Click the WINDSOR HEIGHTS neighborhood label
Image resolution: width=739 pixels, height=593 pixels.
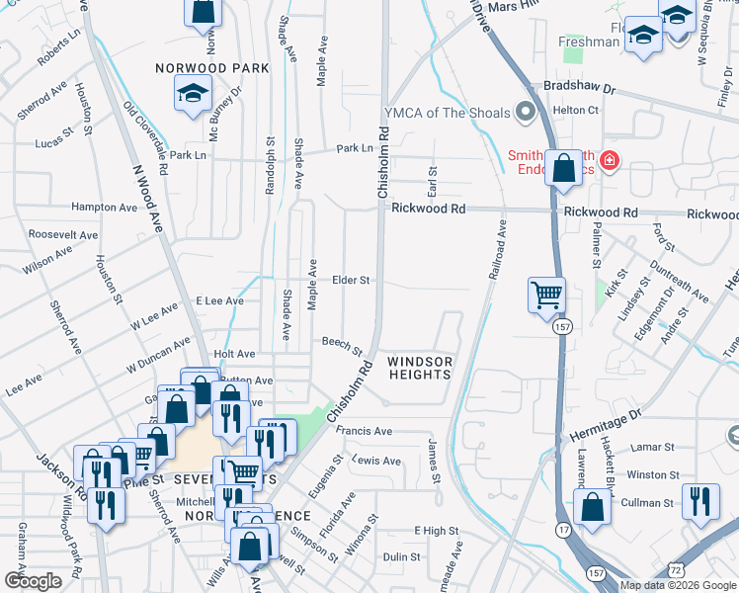(x=419, y=369)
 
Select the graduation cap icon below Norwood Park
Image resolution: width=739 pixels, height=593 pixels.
(x=191, y=95)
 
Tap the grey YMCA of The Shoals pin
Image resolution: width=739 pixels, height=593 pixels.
(x=526, y=113)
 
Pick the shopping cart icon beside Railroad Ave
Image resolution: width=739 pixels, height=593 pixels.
(x=546, y=294)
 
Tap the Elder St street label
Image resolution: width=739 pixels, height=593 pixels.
(x=351, y=281)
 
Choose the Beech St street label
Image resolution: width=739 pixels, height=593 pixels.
(x=342, y=344)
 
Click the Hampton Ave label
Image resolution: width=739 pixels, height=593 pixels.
(x=104, y=208)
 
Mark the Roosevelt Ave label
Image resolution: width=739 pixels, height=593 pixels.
(x=63, y=235)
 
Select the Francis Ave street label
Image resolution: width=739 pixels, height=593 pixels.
(x=364, y=432)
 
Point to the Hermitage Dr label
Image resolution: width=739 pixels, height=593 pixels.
(x=607, y=423)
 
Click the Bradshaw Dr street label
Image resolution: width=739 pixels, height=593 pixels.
(x=572, y=88)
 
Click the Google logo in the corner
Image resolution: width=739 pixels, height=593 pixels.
(x=33, y=580)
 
